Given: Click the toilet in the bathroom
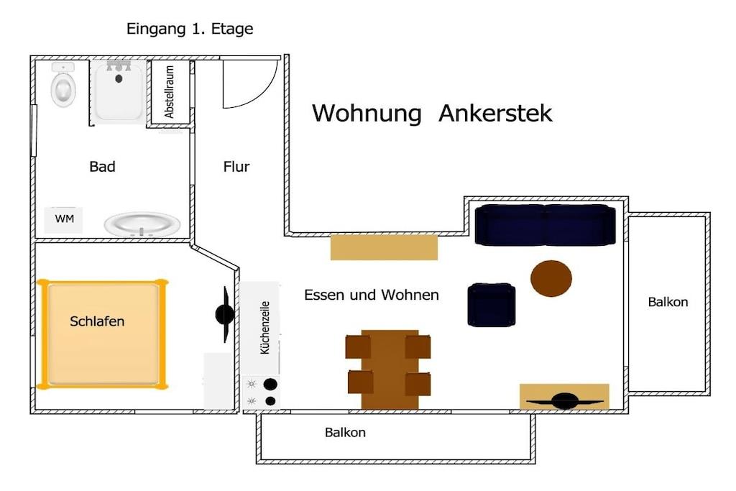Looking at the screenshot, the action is (x=63, y=85).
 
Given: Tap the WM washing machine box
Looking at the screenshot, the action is (x=63, y=220).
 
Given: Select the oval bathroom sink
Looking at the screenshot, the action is (x=142, y=224).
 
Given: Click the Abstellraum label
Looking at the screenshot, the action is (x=169, y=91).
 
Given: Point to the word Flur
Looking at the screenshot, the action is (x=236, y=167).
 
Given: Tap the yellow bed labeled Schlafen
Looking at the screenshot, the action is (x=102, y=334).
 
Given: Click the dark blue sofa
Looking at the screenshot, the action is (x=545, y=224).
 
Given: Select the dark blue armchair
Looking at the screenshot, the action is (x=491, y=305).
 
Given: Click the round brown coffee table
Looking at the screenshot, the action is (x=551, y=278).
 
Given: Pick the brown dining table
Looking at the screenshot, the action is (x=389, y=370).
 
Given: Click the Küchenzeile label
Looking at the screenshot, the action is (x=264, y=327).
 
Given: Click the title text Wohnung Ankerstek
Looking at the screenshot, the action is (x=432, y=113).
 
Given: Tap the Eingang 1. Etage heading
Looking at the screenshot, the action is (x=190, y=29).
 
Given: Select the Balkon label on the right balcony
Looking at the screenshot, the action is (x=668, y=302).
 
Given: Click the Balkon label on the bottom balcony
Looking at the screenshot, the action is (x=345, y=432).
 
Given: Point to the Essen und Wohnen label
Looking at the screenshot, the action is (x=372, y=295).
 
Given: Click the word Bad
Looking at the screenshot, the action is (x=102, y=167).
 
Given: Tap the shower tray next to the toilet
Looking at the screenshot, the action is (x=119, y=91).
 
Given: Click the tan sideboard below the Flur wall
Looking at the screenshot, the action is (x=384, y=247).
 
